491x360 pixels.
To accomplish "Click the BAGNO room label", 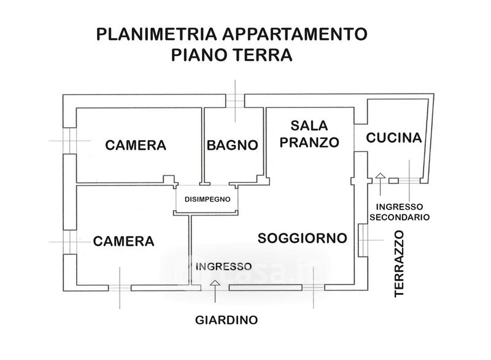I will pos(231,146).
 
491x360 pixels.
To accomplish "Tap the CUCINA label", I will pos(394,138).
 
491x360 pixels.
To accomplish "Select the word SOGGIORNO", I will pos(303,238).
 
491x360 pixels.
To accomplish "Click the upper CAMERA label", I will pos(136,146).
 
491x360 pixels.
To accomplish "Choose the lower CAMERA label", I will pos(123,240).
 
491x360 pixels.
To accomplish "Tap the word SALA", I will pos(310,125).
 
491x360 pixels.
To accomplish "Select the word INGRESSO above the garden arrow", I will pos(223,266).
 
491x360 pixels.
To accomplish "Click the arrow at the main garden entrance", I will pos(215,283).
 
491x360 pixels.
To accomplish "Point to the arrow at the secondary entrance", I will pos(380,177).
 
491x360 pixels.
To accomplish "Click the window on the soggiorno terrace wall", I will pos(362,241).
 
